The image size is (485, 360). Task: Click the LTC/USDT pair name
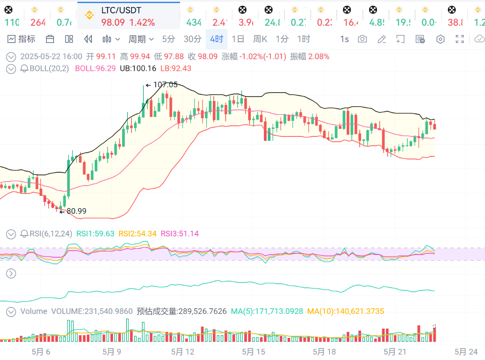[x=122, y=10]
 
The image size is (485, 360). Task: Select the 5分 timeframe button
[x=169, y=39]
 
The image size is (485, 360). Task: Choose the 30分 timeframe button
[x=192, y=39]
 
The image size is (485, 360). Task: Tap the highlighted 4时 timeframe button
[x=216, y=39]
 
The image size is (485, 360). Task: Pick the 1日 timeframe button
[x=238, y=39]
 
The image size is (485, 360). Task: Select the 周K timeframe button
[x=260, y=39]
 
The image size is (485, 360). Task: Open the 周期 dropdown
[x=141, y=39]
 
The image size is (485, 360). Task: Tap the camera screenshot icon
[x=362, y=39]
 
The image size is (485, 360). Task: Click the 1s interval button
[x=344, y=39]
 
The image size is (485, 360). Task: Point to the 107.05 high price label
[x=165, y=85]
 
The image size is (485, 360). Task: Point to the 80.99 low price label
[x=76, y=211]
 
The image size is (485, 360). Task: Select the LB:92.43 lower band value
[x=176, y=68]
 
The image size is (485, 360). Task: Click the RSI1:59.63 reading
[x=96, y=233]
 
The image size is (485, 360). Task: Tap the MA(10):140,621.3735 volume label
[x=346, y=311]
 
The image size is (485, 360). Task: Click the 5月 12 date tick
[x=183, y=352]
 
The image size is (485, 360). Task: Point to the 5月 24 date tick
[x=466, y=352]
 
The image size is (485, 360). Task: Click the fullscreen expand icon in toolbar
[x=460, y=39]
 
